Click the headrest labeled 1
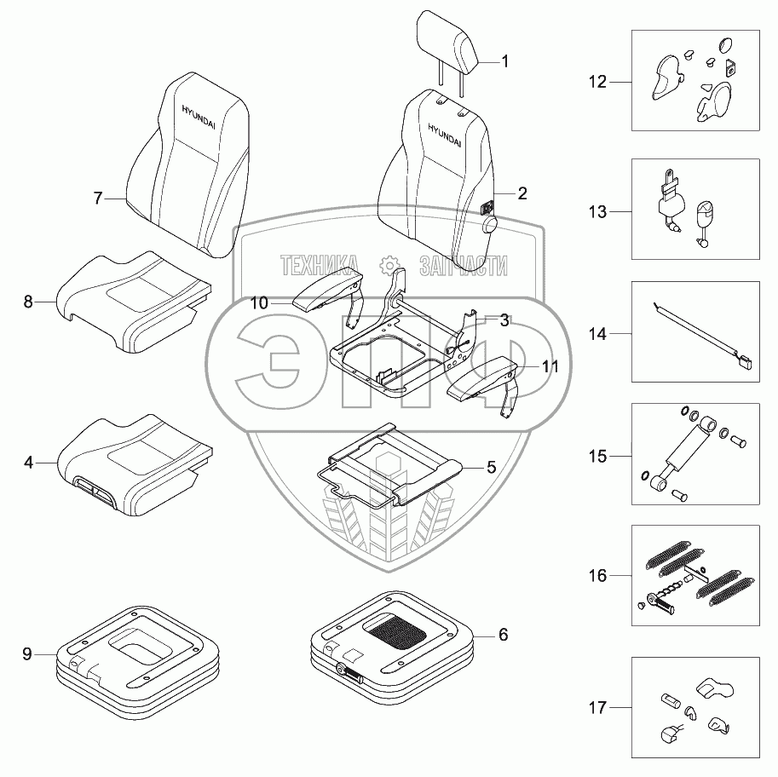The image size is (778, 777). tap(447, 42)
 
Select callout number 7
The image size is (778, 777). tap(98, 199)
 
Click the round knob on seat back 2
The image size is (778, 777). tap(491, 224)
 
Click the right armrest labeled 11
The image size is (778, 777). tap(481, 377)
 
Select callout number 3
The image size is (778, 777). tap(504, 320)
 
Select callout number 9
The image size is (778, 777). tap(27, 654)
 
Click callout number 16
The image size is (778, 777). tap(597, 576)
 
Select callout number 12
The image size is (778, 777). tap(597, 83)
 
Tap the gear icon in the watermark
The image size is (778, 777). tap(388, 265)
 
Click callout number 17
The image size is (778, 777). tap(597, 706)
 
